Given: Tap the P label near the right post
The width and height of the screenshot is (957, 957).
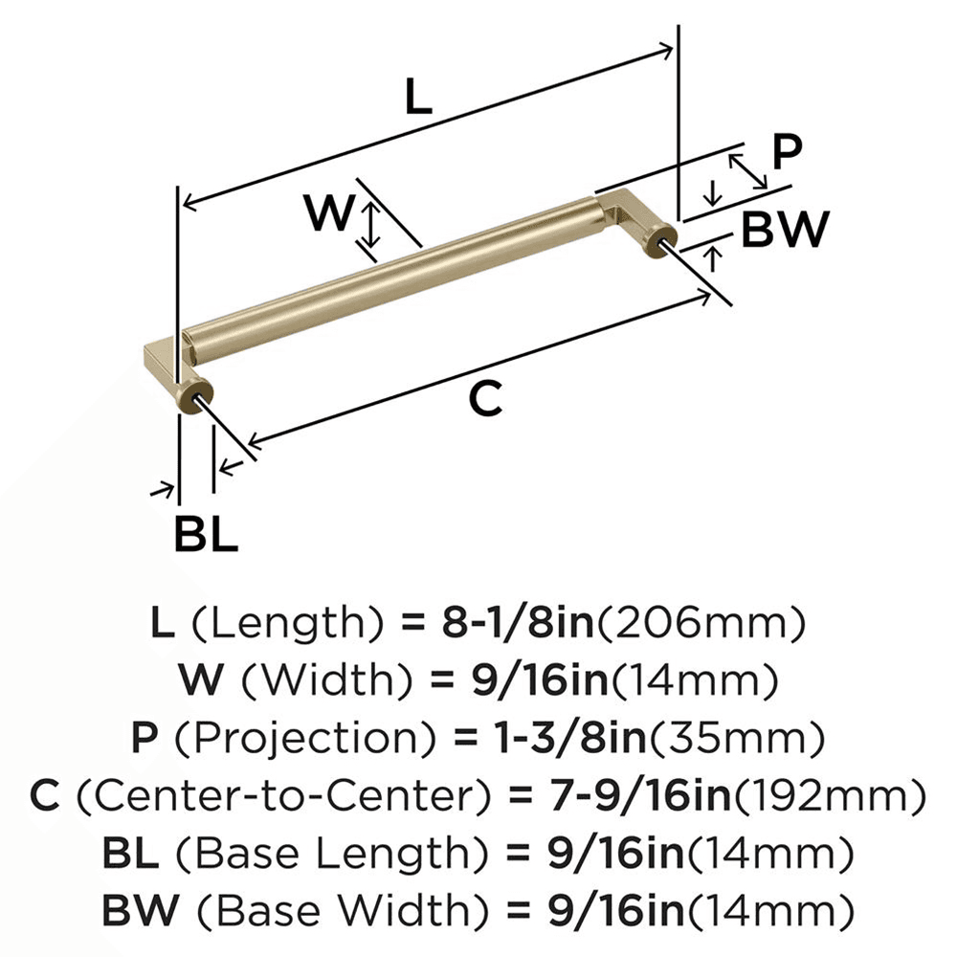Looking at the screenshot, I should tap(787, 152).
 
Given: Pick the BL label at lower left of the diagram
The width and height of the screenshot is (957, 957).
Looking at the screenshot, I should tap(205, 535).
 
